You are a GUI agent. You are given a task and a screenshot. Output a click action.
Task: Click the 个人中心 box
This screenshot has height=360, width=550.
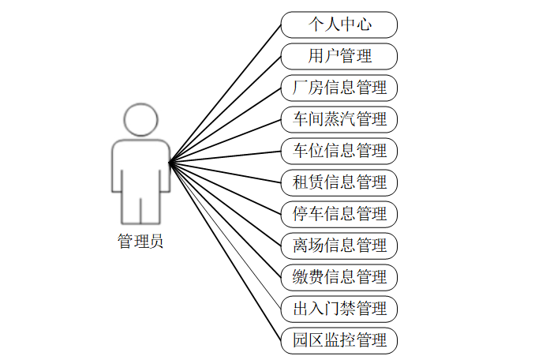point(339,24)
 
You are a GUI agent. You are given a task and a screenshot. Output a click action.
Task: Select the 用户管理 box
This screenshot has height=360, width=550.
point(339,56)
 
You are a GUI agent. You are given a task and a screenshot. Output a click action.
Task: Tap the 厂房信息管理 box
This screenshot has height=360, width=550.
point(339,88)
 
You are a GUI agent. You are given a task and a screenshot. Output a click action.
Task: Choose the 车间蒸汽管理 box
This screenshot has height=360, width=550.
point(339,119)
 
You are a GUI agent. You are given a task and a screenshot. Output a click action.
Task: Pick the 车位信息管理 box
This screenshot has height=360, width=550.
point(339,152)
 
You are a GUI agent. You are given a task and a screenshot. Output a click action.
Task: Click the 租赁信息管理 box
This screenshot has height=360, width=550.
point(339,183)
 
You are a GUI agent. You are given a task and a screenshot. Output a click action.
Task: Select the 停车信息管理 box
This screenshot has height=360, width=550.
point(339,215)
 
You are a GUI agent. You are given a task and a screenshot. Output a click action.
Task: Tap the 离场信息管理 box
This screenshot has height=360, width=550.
point(339,246)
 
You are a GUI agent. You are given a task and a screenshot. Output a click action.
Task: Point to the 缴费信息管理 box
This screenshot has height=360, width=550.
point(339,278)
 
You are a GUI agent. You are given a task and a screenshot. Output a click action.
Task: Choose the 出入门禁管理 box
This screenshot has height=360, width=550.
point(339,309)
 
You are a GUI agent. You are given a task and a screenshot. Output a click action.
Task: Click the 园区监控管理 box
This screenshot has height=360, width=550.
point(339,341)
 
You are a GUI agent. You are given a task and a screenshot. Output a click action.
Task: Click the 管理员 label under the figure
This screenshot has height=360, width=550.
point(140,241)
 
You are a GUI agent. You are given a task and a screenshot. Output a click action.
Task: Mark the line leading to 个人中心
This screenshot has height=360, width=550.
point(225,94)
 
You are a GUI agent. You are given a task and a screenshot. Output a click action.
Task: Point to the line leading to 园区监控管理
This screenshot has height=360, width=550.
point(225,252)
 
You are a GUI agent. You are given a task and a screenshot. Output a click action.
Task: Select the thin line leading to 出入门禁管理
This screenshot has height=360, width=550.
point(225,236)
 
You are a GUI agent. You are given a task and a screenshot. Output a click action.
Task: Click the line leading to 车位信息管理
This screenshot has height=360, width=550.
point(225,157)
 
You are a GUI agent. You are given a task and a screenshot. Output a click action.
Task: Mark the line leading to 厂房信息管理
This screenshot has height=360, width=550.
point(225,126)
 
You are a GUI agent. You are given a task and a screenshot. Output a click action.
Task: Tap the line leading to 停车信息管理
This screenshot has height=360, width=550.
point(225,189)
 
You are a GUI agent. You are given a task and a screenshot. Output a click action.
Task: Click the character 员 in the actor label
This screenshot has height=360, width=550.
point(156,242)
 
